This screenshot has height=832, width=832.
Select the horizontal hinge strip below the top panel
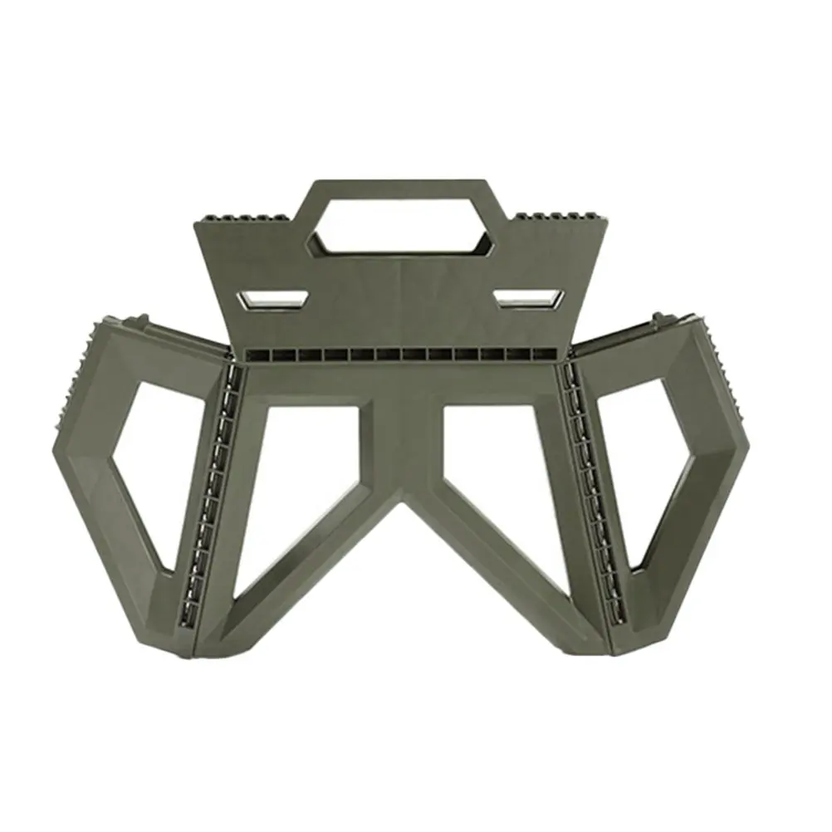(403, 356)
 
